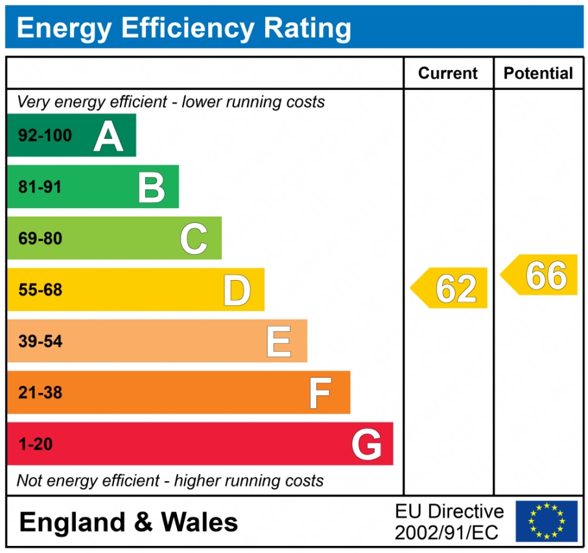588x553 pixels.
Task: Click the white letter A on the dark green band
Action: coord(108,136)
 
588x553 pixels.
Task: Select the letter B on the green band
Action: coord(152,187)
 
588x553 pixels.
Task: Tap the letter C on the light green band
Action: coord(194,239)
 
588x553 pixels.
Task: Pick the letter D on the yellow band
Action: coord(237,290)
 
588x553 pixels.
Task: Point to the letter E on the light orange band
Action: coord(279,342)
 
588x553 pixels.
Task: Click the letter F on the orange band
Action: coord(320,393)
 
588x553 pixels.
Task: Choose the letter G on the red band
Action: coord(366,445)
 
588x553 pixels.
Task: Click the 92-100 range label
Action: coord(45,136)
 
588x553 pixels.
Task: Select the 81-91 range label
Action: coord(40,187)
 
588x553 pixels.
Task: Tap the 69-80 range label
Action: coord(40,239)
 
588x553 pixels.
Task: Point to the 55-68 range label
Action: coord(40,290)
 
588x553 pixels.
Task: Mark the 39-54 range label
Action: coord(40,342)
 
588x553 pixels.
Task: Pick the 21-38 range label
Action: coord(40,393)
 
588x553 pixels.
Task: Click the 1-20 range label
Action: coord(36,445)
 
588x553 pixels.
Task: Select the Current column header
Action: coord(448,73)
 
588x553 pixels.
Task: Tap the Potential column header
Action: coord(538,73)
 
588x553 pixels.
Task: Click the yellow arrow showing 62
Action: coord(451,288)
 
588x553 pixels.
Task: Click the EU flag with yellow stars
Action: coord(546,521)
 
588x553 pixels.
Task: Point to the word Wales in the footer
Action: coord(200,522)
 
